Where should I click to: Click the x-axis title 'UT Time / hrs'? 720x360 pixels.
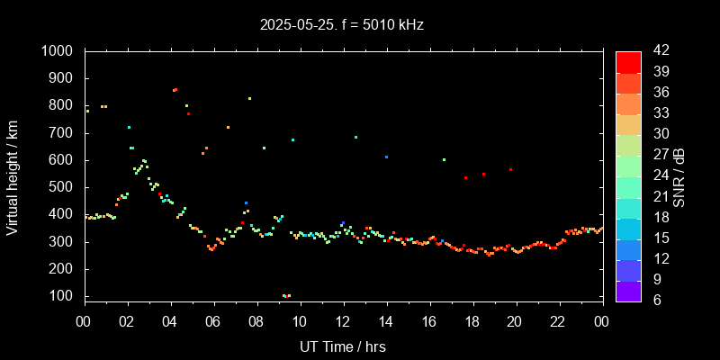pos(343,346)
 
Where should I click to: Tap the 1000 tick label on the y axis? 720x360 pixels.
pos(58,51)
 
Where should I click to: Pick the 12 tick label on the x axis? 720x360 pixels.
pos(343,321)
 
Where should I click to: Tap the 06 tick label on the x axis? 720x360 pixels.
pos(213,321)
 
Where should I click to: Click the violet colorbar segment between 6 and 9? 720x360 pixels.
pos(628,291)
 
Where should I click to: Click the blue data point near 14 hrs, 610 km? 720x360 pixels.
pos(387,157)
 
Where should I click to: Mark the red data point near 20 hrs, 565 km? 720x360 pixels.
pos(510,169)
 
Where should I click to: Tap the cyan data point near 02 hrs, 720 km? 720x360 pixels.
pos(129,127)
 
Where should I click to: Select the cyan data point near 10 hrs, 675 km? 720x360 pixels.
pos(292,139)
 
